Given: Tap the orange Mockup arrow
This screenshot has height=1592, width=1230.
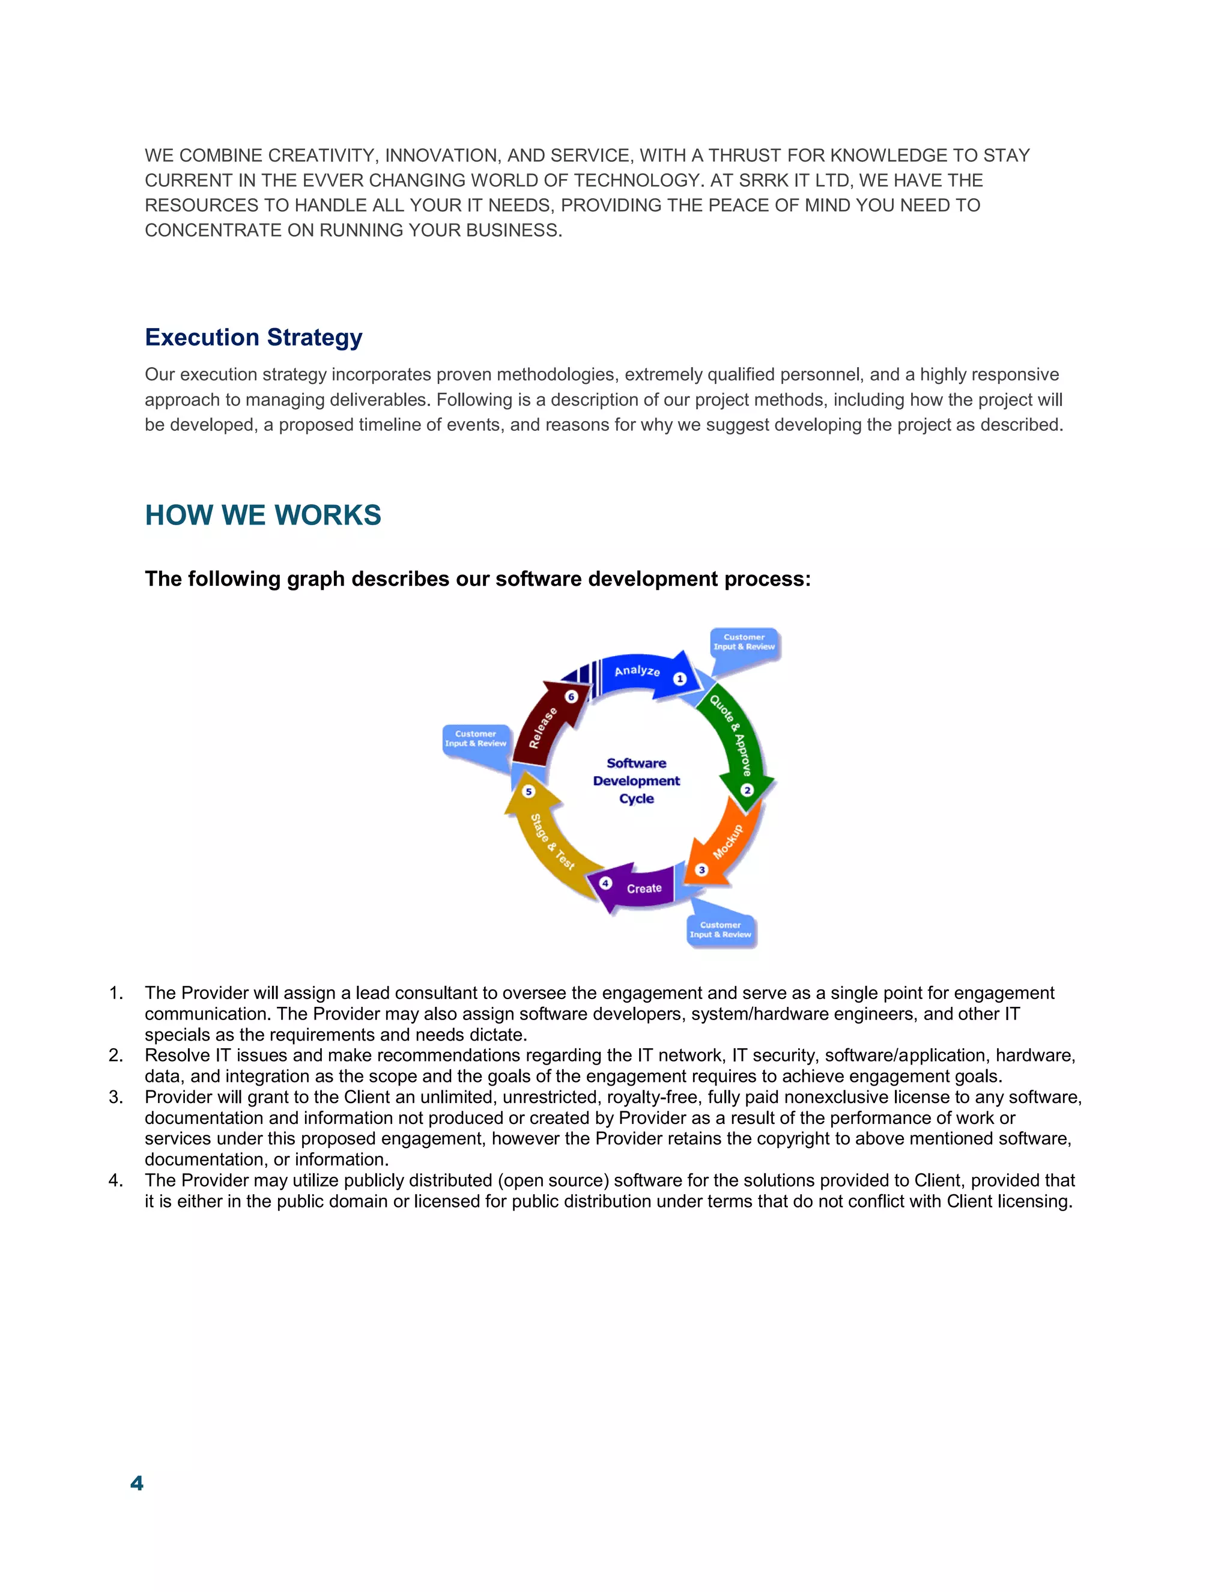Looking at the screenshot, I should click(x=725, y=846).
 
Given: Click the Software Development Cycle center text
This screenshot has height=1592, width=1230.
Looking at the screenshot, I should click(x=636, y=781).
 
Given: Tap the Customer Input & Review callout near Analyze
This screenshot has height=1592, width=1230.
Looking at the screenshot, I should click(x=744, y=642).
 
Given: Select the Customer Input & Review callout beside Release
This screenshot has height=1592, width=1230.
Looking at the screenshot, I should click(x=475, y=739).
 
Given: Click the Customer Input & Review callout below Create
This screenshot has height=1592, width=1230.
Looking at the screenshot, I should click(x=720, y=930).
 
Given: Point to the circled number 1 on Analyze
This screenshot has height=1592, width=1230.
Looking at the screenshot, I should click(x=680, y=679).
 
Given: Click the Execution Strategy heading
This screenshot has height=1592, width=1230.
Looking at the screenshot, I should click(x=253, y=338).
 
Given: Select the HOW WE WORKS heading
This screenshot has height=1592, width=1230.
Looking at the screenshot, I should click(x=263, y=515).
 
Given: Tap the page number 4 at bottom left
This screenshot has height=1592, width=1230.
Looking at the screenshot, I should click(x=136, y=1483).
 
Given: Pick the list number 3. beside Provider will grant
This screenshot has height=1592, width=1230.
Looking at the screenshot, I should click(x=116, y=1097).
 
